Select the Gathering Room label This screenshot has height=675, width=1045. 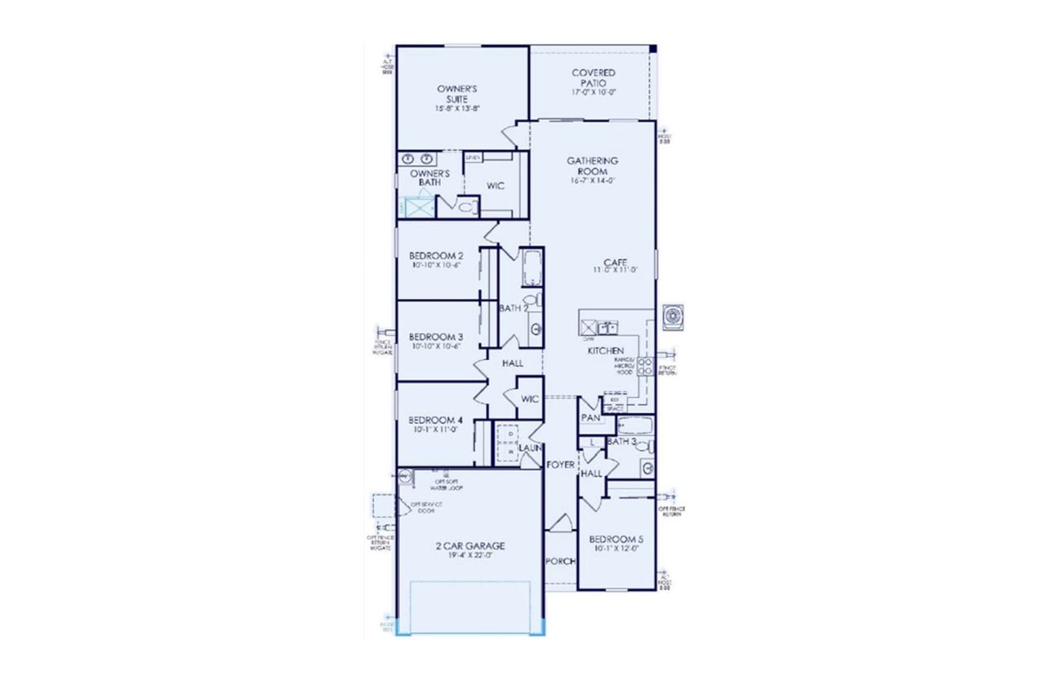point(592,167)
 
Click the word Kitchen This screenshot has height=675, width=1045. point(606,350)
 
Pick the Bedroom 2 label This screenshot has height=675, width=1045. point(436,255)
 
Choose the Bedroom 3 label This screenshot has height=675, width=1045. point(436,336)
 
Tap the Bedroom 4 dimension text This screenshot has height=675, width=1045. point(436,429)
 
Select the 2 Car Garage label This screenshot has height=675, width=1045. point(469,546)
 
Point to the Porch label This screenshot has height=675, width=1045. point(560,562)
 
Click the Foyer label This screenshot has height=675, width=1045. point(560,464)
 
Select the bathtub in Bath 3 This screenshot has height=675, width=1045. point(634,424)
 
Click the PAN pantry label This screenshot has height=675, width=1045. point(590,418)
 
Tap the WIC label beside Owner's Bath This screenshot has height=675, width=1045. point(495,186)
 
